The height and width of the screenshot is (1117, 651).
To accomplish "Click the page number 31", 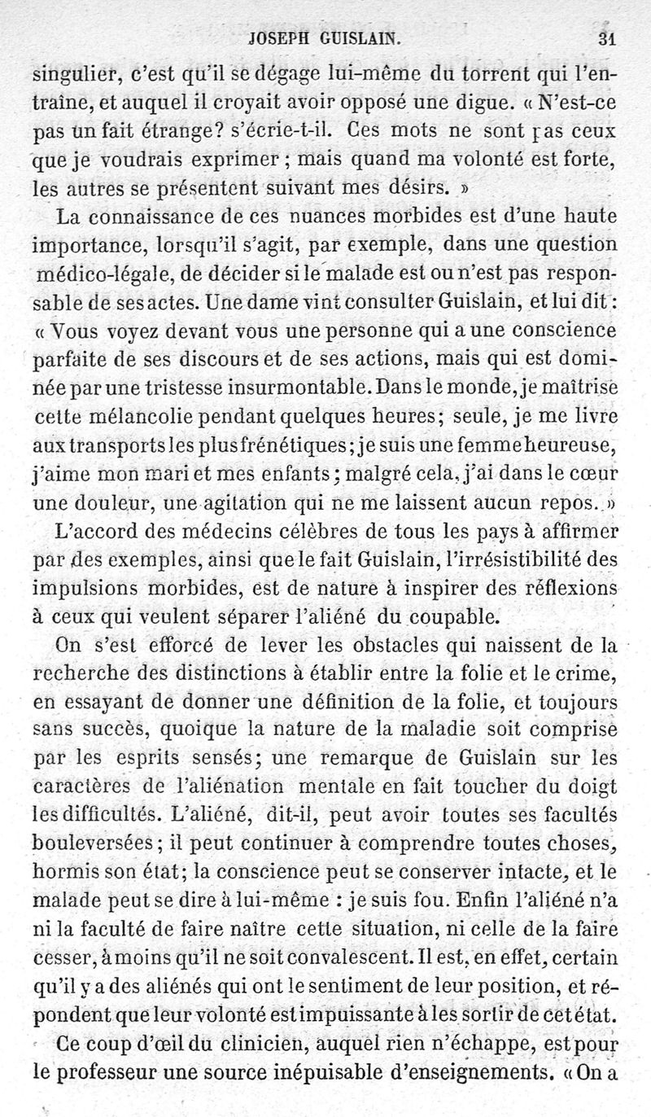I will [605, 37].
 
